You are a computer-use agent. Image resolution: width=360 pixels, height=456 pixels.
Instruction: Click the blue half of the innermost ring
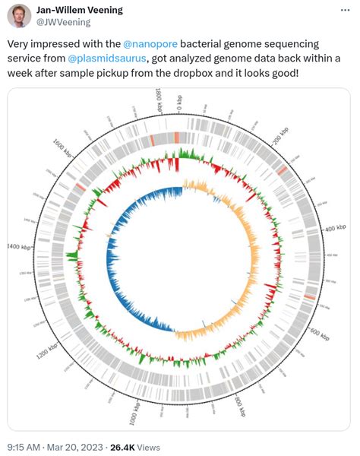(x=133, y=258)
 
